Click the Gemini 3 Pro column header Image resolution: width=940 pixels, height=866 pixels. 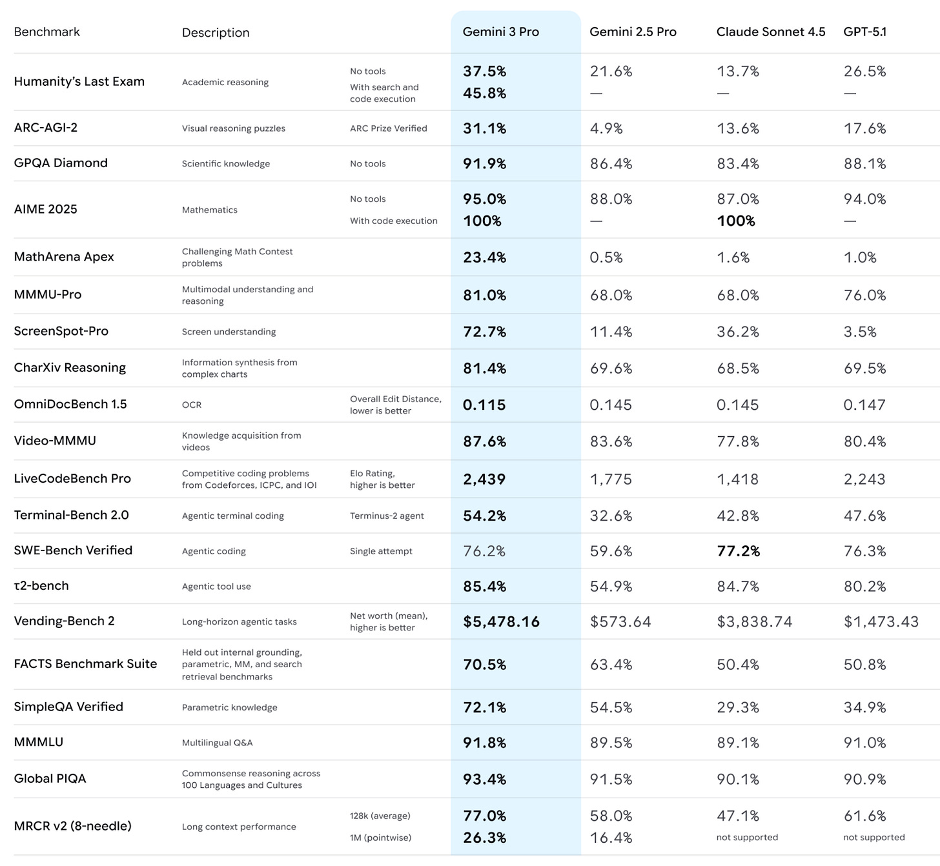tap(500, 32)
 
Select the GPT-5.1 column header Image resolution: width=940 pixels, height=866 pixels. tap(864, 32)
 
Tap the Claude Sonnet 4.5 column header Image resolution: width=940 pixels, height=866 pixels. tap(770, 32)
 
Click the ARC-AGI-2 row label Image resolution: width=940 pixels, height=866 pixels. tap(46, 128)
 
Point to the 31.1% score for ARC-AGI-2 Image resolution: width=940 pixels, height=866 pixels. tap(484, 128)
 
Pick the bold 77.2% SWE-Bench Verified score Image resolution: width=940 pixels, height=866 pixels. tap(738, 551)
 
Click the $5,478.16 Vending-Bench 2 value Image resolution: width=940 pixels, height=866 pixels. tap(501, 621)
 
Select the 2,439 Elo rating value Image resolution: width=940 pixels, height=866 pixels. tap(484, 479)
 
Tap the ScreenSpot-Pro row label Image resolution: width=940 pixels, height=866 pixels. tap(61, 331)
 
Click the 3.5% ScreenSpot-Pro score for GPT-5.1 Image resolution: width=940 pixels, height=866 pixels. tap(860, 332)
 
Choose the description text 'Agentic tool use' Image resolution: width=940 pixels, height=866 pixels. tap(216, 587)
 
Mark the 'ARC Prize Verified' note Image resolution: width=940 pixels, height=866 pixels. tap(388, 128)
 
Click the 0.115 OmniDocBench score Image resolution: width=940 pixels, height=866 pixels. tap(484, 405)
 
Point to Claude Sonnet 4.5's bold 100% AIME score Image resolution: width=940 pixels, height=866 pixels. tap(735, 221)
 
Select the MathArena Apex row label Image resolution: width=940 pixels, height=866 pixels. tap(64, 257)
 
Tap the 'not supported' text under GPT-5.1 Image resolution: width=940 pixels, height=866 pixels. tap(874, 838)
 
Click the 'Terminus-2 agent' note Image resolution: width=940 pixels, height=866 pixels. tap(387, 516)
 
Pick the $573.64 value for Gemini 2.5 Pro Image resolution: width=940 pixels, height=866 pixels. tap(620, 621)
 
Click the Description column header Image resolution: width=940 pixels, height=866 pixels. tap(216, 32)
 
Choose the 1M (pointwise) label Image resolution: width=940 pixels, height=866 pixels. tap(380, 838)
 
